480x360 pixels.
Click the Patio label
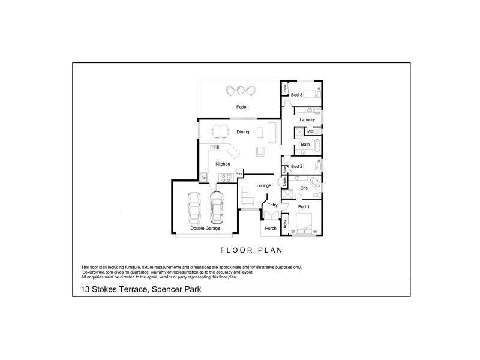tap(241, 107)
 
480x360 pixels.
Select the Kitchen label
tap(223, 164)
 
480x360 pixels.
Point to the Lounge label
tap(264, 186)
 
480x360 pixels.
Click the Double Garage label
tap(205, 229)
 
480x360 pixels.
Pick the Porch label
tap(271, 228)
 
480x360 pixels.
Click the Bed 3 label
tap(296, 95)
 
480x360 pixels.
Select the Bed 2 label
tap(296, 166)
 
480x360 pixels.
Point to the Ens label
tap(304, 189)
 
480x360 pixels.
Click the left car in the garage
tap(194, 208)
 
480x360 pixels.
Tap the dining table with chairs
tap(219, 131)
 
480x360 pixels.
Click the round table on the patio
tap(241, 91)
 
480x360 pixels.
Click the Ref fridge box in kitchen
tap(204, 178)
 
